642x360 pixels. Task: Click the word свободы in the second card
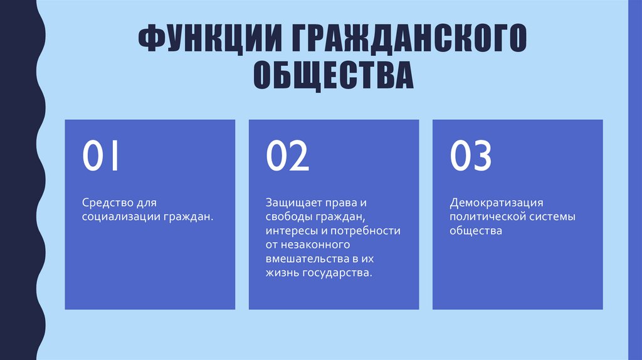287,217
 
